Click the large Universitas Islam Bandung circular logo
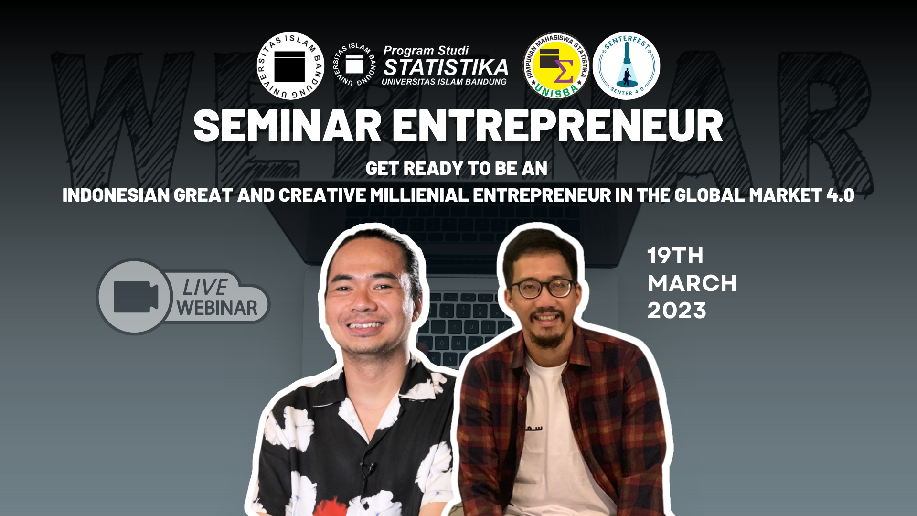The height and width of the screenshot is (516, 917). [x=290, y=66]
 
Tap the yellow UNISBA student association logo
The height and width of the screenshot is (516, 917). [x=556, y=66]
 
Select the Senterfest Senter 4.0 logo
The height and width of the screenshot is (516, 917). [x=627, y=66]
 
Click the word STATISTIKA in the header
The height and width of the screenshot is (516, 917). [x=446, y=67]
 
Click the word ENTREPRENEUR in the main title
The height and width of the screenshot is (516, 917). [x=558, y=126]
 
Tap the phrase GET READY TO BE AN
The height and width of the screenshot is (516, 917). [x=457, y=169]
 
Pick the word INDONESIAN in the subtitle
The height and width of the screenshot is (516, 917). [x=116, y=195]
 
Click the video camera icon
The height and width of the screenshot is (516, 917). [x=136, y=297]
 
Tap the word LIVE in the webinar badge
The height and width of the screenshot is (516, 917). [x=205, y=288]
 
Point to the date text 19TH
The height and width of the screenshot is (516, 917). [x=675, y=256]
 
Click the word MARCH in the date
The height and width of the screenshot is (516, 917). [x=692, y=283]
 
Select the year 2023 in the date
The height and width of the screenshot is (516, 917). [x=677, y=311]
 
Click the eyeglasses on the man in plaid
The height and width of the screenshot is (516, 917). [x=541, y=288]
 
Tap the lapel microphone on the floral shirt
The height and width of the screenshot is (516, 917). [x=368, y=468]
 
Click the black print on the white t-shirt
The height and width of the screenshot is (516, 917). [x=533, y=428]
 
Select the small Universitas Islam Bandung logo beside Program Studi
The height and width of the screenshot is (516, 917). [x=354, y=64]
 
